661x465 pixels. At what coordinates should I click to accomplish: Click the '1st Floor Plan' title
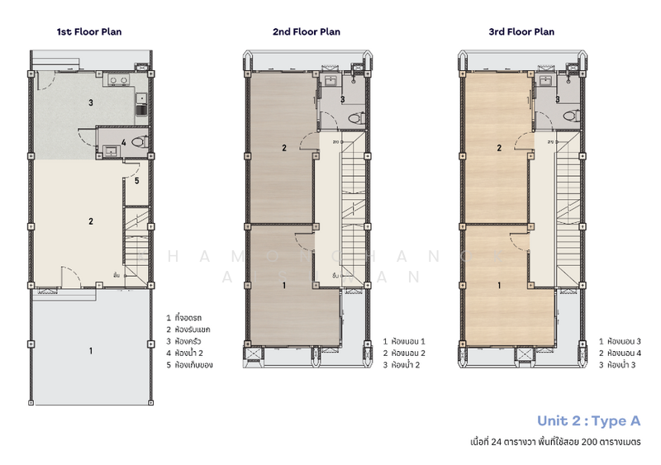coord(89,32)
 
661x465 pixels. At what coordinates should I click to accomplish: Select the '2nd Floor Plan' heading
coord(307,32)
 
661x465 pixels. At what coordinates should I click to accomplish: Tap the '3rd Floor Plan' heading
coord(521,32)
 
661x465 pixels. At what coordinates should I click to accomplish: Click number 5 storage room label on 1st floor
coord(136,180)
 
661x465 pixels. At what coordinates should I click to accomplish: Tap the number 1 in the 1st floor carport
coord(90,350)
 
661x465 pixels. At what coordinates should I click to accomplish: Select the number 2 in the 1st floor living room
coord(90,221)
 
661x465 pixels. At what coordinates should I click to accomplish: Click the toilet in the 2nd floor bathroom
coord(355,117)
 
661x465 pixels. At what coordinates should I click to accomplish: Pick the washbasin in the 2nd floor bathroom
coord(330,82)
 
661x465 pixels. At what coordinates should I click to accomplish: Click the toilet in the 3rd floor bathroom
coord(569,117)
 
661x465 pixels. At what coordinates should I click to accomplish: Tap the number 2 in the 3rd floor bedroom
coord(498,149)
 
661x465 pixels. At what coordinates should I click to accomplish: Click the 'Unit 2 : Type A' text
coord(588,420)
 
